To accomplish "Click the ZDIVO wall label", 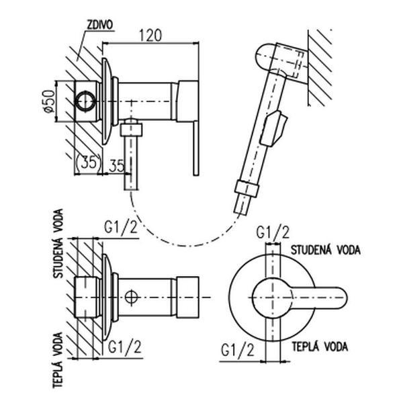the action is (x=99, y=25).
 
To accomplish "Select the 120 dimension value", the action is (x=150, y=36).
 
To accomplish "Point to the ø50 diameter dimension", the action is (x=49, y=101).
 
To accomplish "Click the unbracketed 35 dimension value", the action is (x=117, y=166).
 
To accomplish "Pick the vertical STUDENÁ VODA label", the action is (x=58, y=243).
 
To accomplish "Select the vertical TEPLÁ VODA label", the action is (x=58, y=360).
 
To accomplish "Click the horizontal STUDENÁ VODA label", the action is (x=325, y=250).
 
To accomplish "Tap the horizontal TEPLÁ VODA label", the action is (x=320, y=347).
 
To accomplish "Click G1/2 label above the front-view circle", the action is (x=273, y=232).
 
